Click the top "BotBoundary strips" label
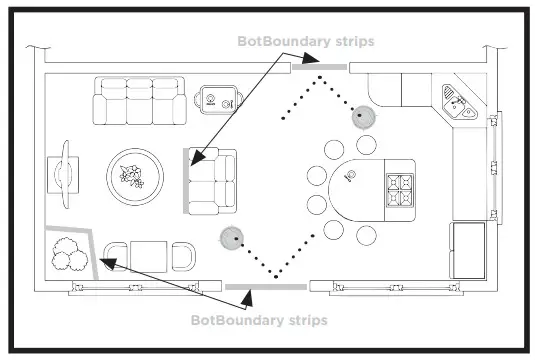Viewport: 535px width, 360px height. pos(305,42)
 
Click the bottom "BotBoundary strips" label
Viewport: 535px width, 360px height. pos(259,320)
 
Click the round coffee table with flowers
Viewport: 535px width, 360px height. pos(134,177)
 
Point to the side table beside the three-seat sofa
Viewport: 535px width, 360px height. pos(217,98)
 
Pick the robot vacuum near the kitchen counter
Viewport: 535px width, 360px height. pos(363,116)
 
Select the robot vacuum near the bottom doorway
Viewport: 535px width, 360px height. pos(231,238)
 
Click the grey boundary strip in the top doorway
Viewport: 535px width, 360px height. pos(318,67)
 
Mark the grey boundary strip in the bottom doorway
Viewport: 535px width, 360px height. pos(252,287)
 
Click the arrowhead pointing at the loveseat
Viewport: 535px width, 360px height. pos(193,158)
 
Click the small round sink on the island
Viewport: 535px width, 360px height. pos(350,177)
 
